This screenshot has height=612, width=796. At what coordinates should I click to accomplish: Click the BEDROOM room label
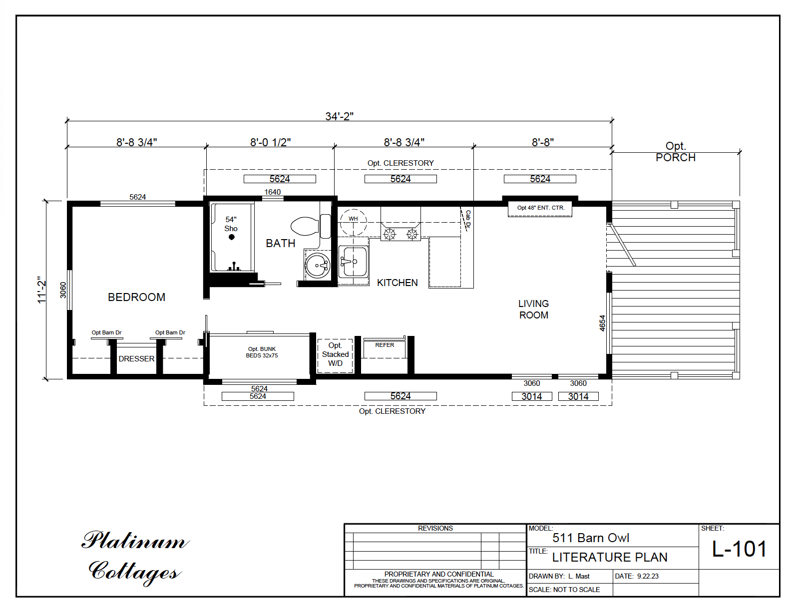136,297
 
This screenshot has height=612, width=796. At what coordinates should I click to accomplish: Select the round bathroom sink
318,266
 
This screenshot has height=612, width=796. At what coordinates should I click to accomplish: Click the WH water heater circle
353,222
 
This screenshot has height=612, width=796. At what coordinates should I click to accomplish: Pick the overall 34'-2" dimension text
339,116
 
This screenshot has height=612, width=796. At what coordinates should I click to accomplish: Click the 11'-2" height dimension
42,290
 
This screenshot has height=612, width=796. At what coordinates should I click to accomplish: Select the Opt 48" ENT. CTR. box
540,208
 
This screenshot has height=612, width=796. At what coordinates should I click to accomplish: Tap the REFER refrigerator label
385,345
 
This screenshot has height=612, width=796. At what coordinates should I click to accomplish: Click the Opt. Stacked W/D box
335,355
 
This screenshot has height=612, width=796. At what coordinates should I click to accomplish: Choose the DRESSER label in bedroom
136,359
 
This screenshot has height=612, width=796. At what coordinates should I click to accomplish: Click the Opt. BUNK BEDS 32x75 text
262,352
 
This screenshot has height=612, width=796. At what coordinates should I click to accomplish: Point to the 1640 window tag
272,192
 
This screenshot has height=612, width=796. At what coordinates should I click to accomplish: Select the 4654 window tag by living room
602,323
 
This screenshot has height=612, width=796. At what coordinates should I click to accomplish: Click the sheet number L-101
739,549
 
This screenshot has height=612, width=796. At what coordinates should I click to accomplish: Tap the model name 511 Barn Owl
590,538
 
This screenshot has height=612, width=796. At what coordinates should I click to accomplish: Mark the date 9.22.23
648,576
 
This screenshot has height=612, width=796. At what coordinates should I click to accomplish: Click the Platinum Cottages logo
135,556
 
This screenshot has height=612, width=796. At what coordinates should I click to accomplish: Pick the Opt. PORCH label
675,152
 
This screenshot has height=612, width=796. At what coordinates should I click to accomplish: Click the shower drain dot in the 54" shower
231,237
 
